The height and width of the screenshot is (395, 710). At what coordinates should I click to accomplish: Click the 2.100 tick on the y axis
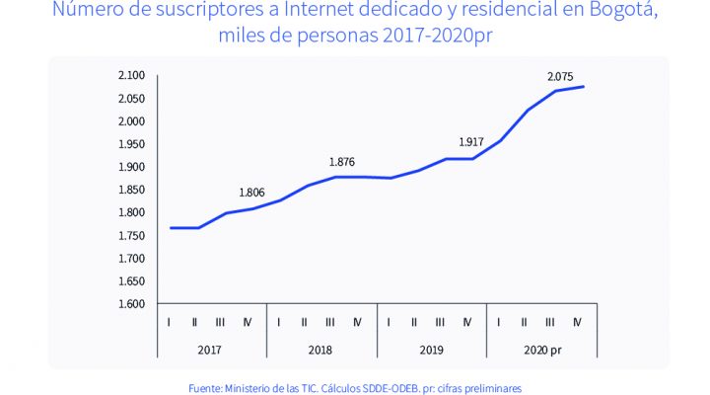(x=131, y=76)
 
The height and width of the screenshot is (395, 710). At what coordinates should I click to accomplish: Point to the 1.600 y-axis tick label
(x=131, y=303)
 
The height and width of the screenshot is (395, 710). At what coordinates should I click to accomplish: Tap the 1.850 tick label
(x=131, y=190)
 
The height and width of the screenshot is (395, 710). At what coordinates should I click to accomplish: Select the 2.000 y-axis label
(x=131, y=121)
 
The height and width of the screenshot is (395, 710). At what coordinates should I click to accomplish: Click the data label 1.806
(x=253, y=193)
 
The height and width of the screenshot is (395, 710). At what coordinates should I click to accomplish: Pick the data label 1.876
(x=342, y=162)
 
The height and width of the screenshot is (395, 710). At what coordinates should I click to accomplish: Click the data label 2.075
(x=563, y=76)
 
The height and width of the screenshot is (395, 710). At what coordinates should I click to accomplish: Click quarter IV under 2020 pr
(x=578, y=321)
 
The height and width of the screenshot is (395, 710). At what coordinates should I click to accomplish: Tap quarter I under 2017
(x=171, y=321)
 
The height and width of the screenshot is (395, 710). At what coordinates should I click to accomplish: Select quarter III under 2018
(x=330, y=321)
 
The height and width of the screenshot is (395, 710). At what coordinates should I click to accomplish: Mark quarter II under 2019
(x=415, y=321)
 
